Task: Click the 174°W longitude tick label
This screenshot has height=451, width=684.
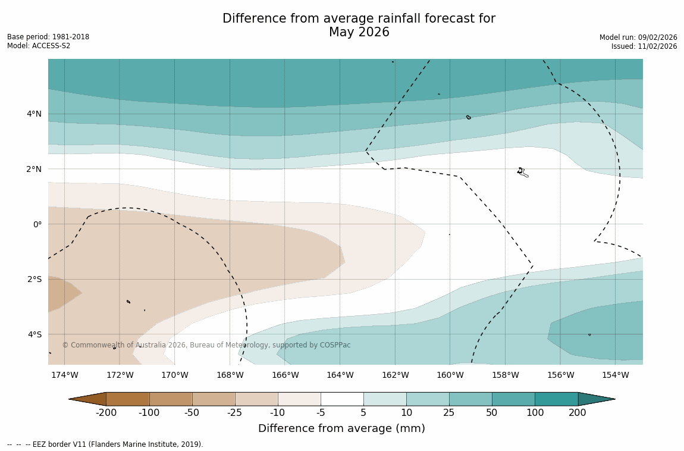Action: click(x=64, y=375)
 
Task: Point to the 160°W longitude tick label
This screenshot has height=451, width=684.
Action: click(x=450, y=375)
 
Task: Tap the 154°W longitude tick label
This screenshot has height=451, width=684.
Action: click(x=616, y=375)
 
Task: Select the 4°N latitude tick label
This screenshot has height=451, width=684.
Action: click(x=34, y=114)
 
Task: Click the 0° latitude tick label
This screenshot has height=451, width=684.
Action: click(x=37, y=224)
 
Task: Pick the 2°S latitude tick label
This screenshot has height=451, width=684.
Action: click(x=34, y=279)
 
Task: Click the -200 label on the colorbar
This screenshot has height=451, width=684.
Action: click(x=106, y=413)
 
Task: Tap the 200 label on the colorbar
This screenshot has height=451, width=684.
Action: click(x=578, y=413)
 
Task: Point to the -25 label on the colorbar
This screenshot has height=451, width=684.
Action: click(x=235, y=413)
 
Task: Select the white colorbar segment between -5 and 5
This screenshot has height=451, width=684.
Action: click(x=342, y=399)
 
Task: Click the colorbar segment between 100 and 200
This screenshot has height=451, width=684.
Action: click(x=556, y=399)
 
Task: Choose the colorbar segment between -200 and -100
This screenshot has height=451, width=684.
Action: click(x=127, y=399)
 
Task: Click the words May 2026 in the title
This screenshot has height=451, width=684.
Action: click(x=359, y=33)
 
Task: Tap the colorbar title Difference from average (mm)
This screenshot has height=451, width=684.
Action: click(x=341, y=428)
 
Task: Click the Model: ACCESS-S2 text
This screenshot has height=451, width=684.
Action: click(x=39, y=46)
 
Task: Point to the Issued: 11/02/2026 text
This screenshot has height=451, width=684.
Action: click(x=644, y=46)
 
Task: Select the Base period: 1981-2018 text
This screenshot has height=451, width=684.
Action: click(x=48, y=37)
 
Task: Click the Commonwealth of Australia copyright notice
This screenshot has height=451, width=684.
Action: click(x=206, y=345)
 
